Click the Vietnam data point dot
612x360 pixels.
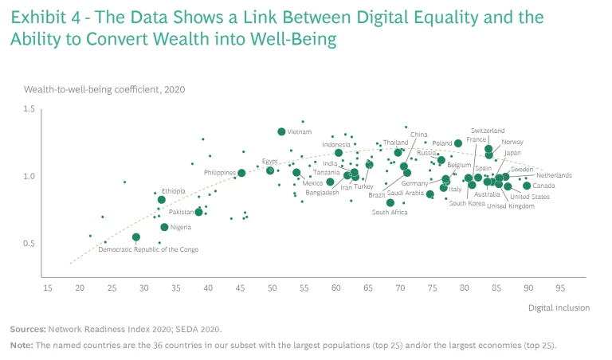pos(281,131)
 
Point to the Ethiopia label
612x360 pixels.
pos(173,191)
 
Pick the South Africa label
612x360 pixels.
pos(390,213)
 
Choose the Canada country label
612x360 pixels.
pos(543,186)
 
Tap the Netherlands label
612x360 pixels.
pos(554,175)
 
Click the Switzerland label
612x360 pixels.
pos(487,131)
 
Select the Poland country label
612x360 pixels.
pos(441,143)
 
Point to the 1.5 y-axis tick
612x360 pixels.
pos(29,109)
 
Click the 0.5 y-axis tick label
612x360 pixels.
pos(29,244)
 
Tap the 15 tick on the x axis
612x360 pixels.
pos(48,288)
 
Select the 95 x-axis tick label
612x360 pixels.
pos(560,288)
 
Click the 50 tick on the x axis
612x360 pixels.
pos(272,288)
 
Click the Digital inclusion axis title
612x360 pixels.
pos(559,307)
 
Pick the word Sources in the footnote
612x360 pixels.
pos(27,328)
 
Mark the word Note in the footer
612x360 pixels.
pos(21,345)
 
